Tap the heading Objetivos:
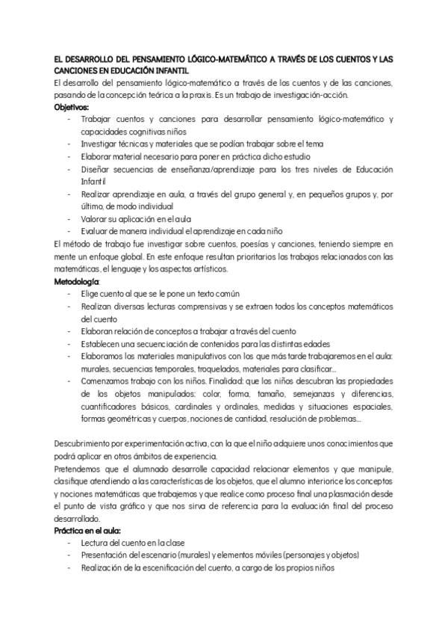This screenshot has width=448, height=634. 71,107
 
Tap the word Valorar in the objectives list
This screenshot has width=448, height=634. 96,218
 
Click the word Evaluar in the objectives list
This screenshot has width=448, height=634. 96,230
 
